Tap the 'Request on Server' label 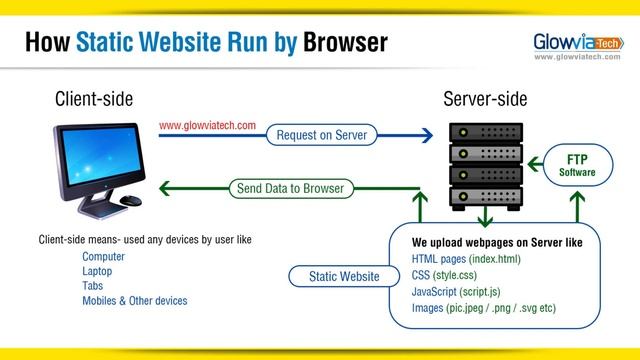pos(322,134)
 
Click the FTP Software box pos(577,166)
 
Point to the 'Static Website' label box pos(344,276)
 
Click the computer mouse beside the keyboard pos(131,200)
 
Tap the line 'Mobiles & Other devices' pos(134,300)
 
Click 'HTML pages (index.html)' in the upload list pos(466,259)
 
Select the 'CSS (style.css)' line pos(446,274)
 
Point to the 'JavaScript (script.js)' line pos(465,291)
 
